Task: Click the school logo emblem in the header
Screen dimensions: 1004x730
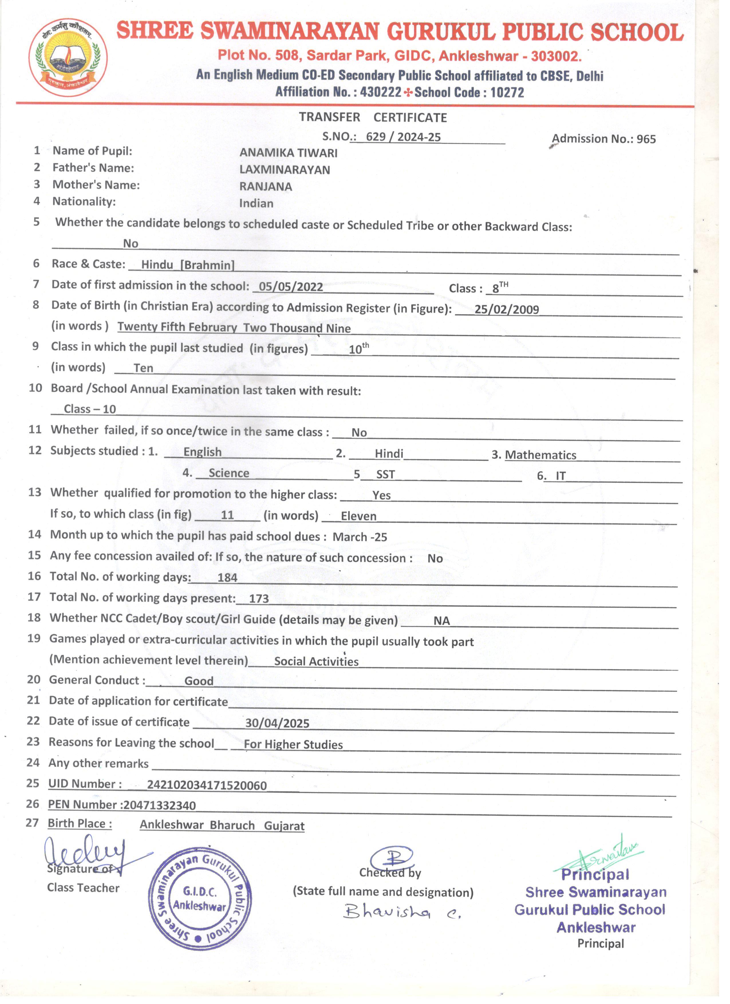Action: [68, 58]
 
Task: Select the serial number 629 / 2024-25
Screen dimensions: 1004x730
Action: [403, 137]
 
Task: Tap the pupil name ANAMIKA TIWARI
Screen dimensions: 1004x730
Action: [288, 153]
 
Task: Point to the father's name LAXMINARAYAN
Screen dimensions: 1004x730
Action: [285, 170]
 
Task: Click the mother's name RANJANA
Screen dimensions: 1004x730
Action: [266, 187]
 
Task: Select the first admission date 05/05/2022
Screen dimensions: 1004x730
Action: [291, 287]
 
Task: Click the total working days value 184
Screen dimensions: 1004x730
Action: [228, 578]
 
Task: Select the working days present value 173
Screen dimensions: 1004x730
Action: [259, 599]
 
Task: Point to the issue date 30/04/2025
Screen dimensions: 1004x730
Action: [277, 723]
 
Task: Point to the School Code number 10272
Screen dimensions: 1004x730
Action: [507, 92]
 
